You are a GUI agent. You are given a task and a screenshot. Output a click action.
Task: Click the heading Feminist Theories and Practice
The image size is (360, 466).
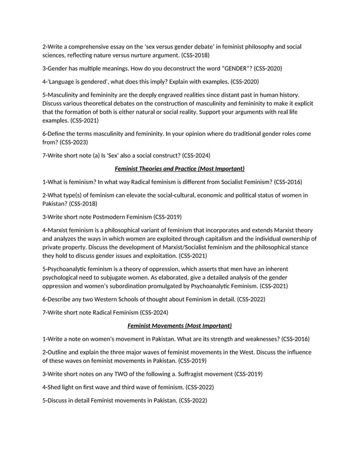click(179, 168)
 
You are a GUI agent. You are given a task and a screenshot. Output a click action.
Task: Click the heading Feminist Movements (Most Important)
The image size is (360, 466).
click(179, 326)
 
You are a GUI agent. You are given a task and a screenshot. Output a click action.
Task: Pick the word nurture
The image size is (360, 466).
click(139, 55)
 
